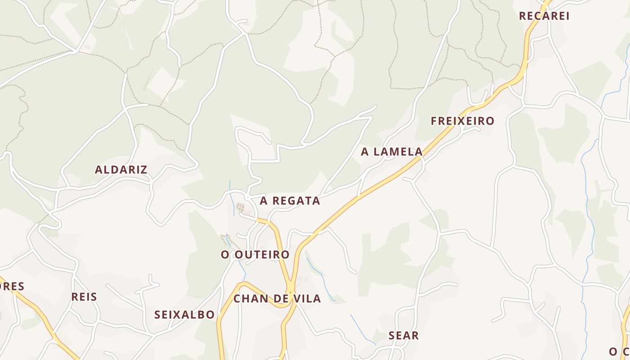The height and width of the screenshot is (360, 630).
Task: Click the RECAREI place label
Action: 544,16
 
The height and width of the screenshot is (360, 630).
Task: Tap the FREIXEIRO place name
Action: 462,121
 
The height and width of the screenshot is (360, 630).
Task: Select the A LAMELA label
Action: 391,152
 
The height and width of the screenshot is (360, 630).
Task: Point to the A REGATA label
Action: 290,201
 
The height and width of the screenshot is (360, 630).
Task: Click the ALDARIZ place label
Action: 121,170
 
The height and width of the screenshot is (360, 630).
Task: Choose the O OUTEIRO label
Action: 255,255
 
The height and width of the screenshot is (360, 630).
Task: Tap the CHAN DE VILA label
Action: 277,298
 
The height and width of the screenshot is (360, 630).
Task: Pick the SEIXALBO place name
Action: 184,315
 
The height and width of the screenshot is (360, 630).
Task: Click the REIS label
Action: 84,297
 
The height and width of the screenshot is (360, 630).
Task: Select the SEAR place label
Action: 404,335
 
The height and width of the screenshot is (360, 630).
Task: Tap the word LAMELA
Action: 398,152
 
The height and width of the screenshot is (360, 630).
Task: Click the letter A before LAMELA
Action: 364,152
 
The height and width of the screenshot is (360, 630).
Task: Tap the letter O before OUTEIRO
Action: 225,255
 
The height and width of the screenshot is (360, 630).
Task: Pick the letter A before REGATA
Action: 263,201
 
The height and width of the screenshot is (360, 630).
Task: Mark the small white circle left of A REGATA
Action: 247,198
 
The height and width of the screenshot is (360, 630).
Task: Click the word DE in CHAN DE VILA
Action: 281,298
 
